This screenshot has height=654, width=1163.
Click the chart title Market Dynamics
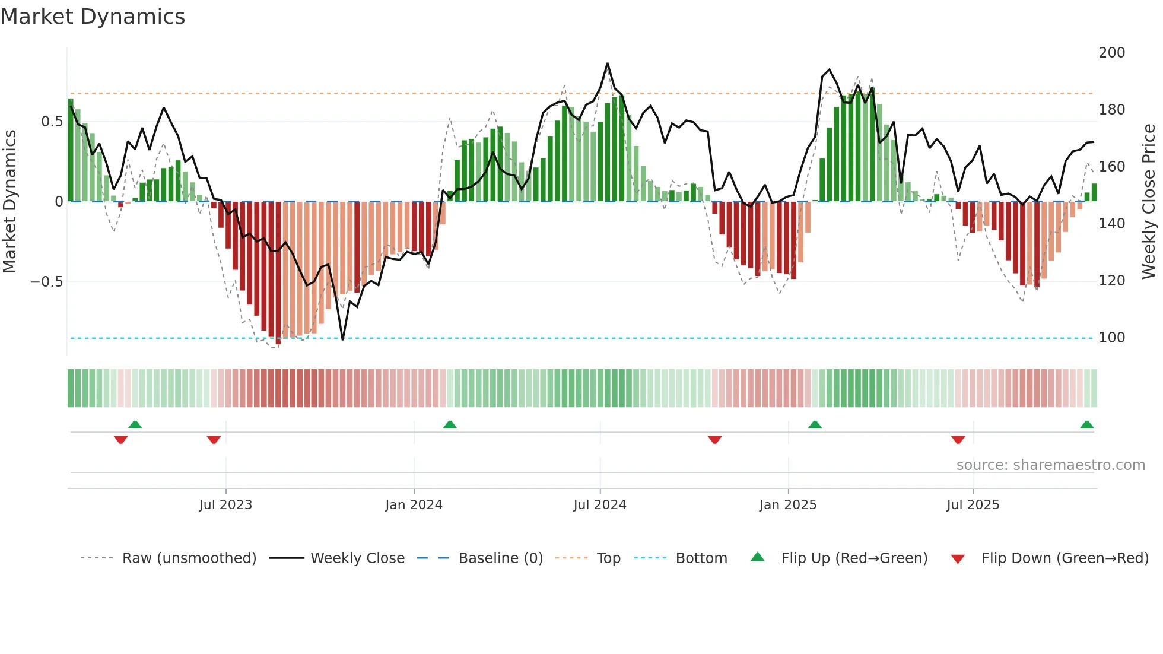pyautogui.click(x=93, y=17)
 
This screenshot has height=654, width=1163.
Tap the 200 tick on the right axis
pyautogui.click(x=1111, y=53)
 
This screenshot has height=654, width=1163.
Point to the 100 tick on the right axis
pyautogui.click(x=1111, y=338)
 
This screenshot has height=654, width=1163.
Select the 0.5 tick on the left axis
pyautogui.click(x=52, y=122)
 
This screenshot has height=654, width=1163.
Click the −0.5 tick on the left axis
pyautogui.click(x=47, y=282)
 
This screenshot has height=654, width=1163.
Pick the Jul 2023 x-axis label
pyautogui.click(x=225, y=505)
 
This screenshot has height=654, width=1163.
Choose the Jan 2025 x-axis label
pyautogui.click(x=788, y=505)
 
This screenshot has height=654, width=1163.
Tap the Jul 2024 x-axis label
pyautogui.click(x=600, y=505)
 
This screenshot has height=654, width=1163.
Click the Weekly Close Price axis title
pyautogui.click(x=1149, y=201)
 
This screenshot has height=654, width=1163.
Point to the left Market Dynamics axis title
pyautogui.click(x=9, y=201)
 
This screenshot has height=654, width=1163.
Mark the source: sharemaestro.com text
pyautogui.click(x=1050, y=465)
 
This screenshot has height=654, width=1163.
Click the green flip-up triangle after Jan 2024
pyautogui.click(x=450, y=424)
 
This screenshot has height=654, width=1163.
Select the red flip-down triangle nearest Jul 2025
pyautogui.click(x=958, y=440)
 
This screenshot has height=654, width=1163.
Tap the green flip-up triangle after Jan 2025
pyautogui.click(x=815, y=424)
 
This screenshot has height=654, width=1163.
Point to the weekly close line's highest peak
pyautogui.click(x=607, y=64)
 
